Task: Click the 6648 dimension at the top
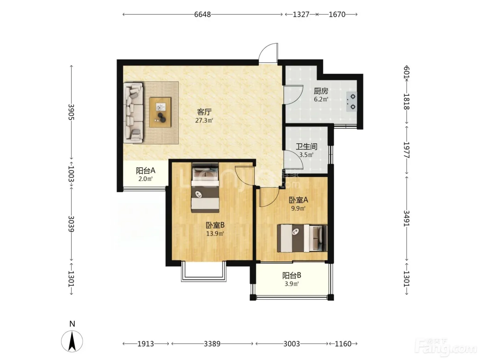coord(202,14)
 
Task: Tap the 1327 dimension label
coord(301,14)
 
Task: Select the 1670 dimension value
coord(337,14)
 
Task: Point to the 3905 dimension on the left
coord(71,112)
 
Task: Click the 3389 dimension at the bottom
coord(212,344)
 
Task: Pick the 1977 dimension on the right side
coord(406,150)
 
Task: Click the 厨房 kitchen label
coord(321,91)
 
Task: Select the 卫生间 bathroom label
coord(307,146)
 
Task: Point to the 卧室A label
coord(298,200)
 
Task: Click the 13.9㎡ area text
coord(215,234)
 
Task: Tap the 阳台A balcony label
coord(145,170)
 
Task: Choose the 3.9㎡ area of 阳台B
coord(291,284)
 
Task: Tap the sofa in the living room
coord(133,113)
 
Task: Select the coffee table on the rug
coord(160,112)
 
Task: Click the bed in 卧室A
coord(302,238)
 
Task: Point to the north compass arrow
coord(72,341)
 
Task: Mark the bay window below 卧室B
coord(203,271)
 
